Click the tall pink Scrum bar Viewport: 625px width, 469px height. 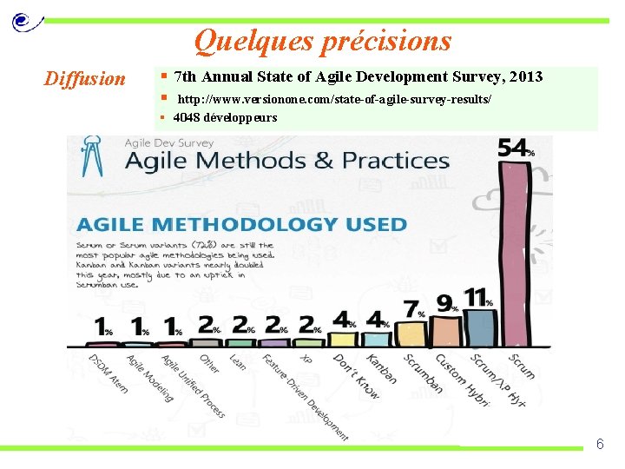515,252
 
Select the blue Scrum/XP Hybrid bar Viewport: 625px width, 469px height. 478,327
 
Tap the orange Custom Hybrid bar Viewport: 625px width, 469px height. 446,330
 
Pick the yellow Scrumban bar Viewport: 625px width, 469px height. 414,334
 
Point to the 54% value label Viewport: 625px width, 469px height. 516,149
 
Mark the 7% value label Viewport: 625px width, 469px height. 414,309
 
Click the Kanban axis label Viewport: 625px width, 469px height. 381,368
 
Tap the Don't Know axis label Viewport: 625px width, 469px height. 357,377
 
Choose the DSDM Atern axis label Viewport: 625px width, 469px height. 109,373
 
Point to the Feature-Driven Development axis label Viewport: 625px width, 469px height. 305,396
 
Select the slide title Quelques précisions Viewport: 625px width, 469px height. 323,41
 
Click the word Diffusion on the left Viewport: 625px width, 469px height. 85,79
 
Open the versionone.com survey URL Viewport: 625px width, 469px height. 334,101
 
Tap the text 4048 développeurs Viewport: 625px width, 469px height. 225,118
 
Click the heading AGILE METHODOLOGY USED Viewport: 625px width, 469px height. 241,224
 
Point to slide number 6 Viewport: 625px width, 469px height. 599,445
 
